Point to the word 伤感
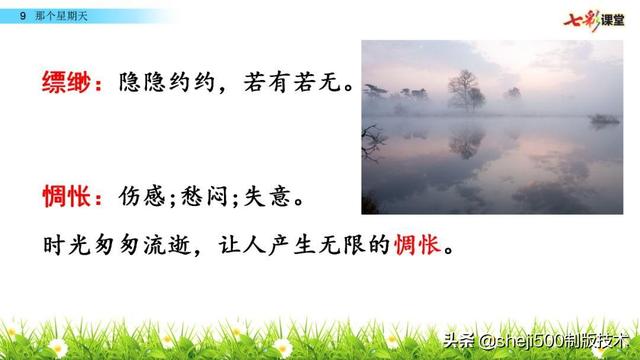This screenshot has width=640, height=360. click(x=140, y=197)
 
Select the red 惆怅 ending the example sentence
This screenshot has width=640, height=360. click(x=416, y=245)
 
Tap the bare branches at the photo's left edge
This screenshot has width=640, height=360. click(x=370, y=140)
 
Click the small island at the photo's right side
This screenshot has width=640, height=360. click(x=603, y=120)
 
